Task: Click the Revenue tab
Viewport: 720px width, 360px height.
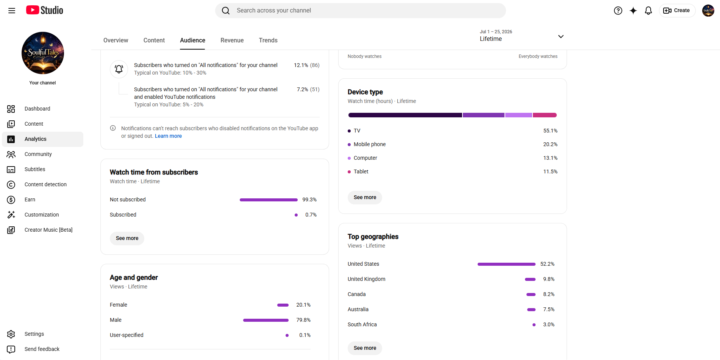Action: click(232, 40)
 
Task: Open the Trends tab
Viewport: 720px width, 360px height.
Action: click(268, 40)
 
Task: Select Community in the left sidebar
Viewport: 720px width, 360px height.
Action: click(38, 154)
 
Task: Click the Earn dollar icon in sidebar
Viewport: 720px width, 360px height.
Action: click(11, 200)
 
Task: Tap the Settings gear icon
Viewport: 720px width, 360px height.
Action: click(11, 334)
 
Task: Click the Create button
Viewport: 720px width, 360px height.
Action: click(677, 11)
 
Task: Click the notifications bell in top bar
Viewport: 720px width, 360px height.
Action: click(648, 11)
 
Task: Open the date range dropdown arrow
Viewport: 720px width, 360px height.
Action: click(561, 36)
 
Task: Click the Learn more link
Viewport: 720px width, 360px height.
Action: click(168, 136)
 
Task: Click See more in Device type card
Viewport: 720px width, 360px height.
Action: click(365, 197)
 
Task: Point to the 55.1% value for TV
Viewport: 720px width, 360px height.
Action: click(550, 131)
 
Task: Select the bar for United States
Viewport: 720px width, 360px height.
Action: click(506, 264)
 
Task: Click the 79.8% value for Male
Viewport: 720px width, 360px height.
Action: click(303, 320)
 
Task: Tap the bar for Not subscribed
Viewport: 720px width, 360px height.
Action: click(269, 200)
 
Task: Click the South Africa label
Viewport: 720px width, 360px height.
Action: click(362, 324)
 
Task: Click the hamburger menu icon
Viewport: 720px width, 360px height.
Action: click(12, 11)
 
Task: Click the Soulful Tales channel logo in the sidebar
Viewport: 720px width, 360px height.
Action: click(43, 53)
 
